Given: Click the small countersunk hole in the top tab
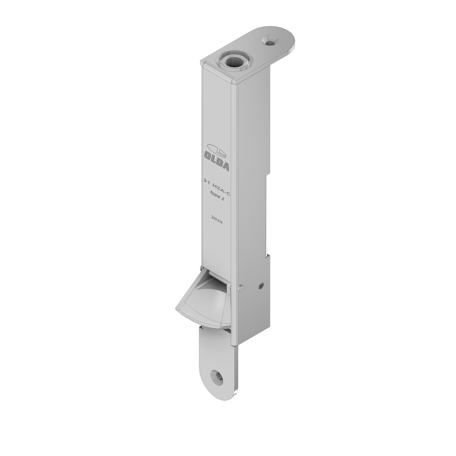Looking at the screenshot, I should (x=269, y=41).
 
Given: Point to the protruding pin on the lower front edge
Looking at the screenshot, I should (x=241, y=288).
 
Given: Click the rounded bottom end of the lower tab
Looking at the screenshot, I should (x=216, y=394).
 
